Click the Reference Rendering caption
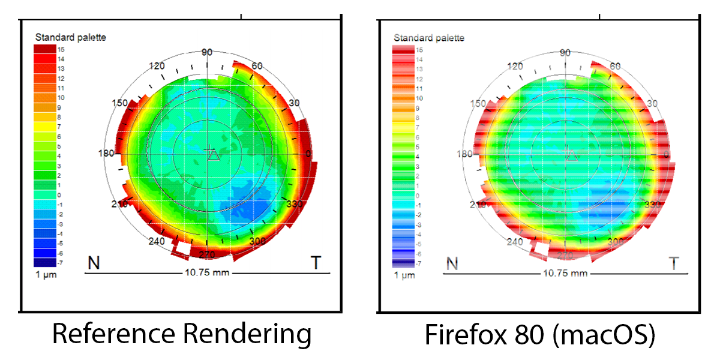[182, 334]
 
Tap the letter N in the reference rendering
[94, 263]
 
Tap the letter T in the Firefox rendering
[674, 263]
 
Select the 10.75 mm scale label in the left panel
[206, 274]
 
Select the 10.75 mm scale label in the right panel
[565, 274]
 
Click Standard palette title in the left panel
[71, 37]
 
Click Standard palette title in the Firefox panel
[429, 37]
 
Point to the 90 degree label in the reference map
[207, 53]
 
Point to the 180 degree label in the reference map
[106, 154]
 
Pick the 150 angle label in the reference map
[120, 103]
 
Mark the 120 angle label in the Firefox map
[516, 65]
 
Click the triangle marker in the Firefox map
[572, 156]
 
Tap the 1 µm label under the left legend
[46, 275]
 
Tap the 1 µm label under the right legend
[404, 275]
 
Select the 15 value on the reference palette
[61, 49]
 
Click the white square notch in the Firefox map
[541, 248]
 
